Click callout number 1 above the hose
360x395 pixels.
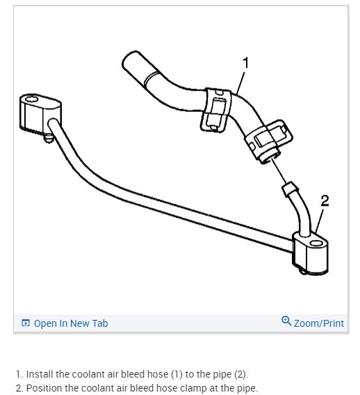pyautogui.click(x=245, y=63)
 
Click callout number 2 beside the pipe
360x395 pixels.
pyautogui.click(x=324, y=202)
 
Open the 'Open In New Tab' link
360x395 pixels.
pyautogui.click(x=70, y=323)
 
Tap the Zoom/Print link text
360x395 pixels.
pyautogui.click(x=318, y=323)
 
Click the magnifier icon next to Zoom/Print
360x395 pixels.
pyautogui.click(x=286, y=321)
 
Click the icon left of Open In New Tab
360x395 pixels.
pyautogui.click(x=26, y=323)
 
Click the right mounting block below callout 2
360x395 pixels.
pyautogui.click(x=310, y=253)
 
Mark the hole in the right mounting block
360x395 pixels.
pyautogui.click(x=317, y=244)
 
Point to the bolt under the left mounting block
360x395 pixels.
pyautogui.click(x=47, y=138)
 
